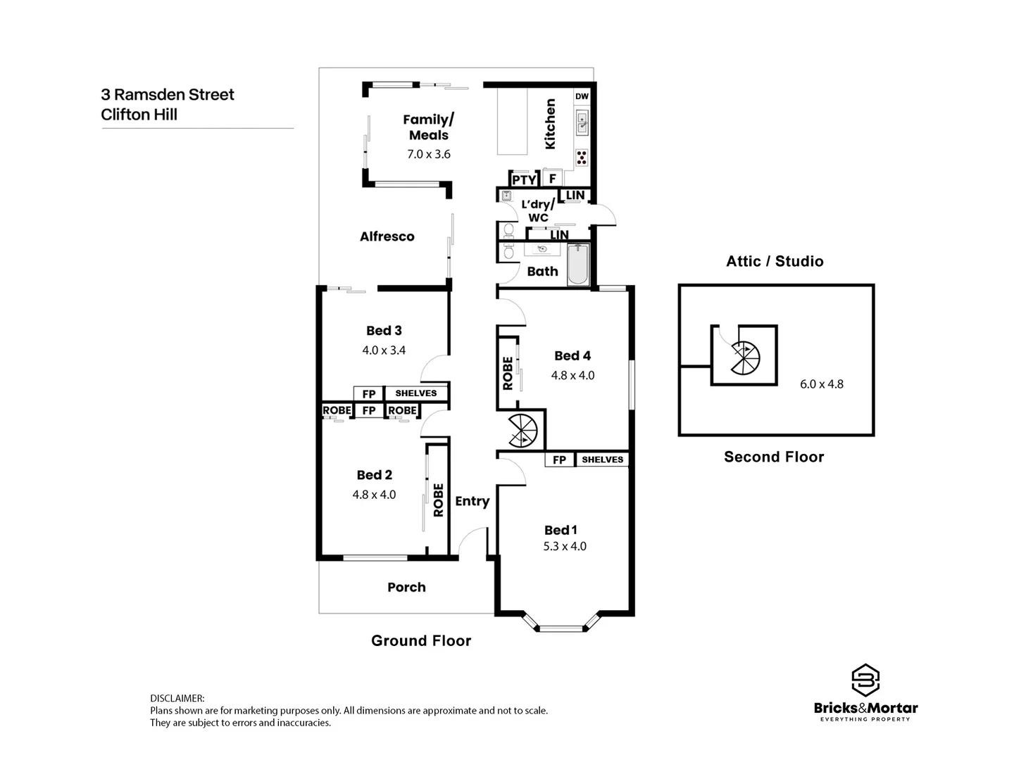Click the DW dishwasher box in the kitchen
pyautogui.click(x=582, y=96)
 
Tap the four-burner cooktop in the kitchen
pyautogui.click(x=582, y=158)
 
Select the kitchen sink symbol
pyautogui.click(x=582, y=123)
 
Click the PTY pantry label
pyautogui.click(x=523, y=180)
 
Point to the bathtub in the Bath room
pyautogui.click(x=578, y=264)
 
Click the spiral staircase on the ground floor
pyautogui.click(x=522, y=431)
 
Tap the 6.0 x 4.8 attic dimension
pyautogui.click(x=821, y=384)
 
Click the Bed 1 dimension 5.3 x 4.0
pyautogui.click(x=565, y=546)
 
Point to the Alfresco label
pyautogui.click(x=387, y=237)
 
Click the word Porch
pyautogui.click(x=406, y=588)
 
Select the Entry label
pyautogui.click(x=472, y=501)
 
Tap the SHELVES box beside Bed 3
pyautogui.click(x=415, y=393)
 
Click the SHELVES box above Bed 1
pyautogui.click(x=602, y=460)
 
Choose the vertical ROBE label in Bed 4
pyautogui.click(x=508, y=373)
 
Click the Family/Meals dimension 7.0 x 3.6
pyautogui.click(x=428, y=154)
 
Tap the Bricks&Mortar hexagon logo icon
pyautogui.click(x=865, y=680)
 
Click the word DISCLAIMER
pyautogui.click(x=177, y=699)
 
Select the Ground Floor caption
pyautogui.click(x=421, y=641)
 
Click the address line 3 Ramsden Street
pyautogui.click(x=168, y=95)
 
